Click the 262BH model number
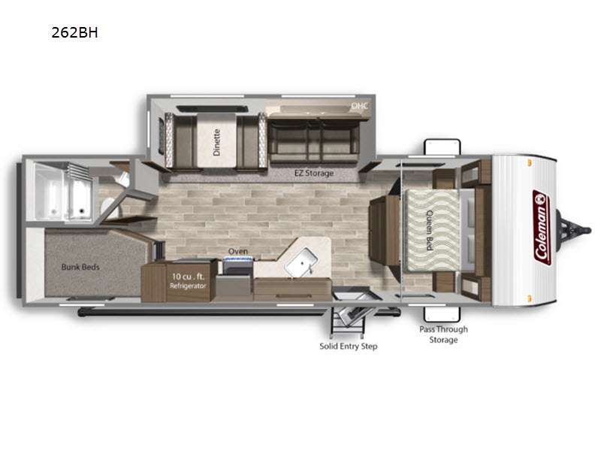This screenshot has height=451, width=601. point(74,32)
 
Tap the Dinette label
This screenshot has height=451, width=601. point(216,142)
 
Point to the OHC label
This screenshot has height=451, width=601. point(360,105)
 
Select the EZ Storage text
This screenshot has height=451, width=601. point(314,173)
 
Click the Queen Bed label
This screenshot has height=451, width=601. point(430,230)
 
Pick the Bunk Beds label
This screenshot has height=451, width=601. point(80,267)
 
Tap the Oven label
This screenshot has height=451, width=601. point(238,251)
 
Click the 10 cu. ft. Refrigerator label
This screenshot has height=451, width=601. point(188,280)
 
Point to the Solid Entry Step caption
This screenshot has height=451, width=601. point(349,346)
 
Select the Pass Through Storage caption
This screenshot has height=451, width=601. point(443,334)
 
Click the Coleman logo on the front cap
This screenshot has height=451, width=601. point(542,228)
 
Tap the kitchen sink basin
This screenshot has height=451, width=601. point(302,262)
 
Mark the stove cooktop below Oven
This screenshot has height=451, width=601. point(237,265)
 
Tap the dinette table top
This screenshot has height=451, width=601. point(216,141)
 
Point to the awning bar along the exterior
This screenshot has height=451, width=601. point(239,313)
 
